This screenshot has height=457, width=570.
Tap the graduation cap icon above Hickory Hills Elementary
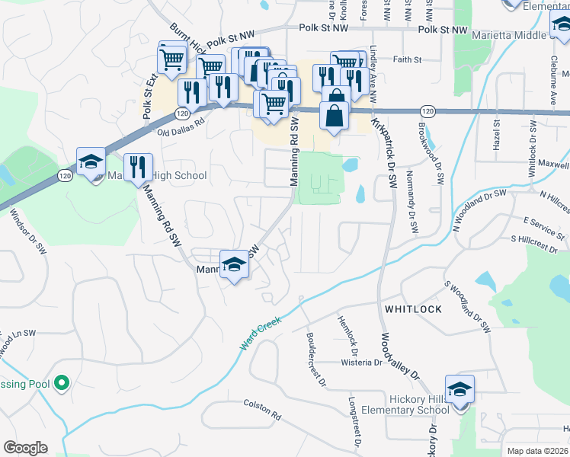click(460, 390)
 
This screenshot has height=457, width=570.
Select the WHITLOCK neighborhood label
click(413, 308)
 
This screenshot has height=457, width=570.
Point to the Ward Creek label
click(261, 333)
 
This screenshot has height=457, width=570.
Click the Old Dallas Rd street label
click(181, 126)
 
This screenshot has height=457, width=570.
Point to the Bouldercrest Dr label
click(315, 357)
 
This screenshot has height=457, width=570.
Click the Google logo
click(25, 448)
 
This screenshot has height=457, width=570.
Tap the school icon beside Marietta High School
click(91, 162)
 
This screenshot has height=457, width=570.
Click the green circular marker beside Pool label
click(63, 383)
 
